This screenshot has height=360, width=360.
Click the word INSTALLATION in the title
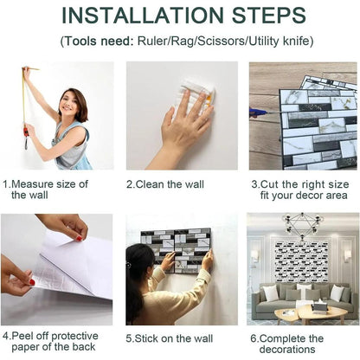coord(143,16)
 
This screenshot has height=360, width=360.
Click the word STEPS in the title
coord(268,16)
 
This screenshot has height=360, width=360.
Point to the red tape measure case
coord(26,132)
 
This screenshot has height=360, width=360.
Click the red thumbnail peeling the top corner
coord(79,239)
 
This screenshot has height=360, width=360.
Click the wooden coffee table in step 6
coord(311,314)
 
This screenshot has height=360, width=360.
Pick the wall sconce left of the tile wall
coord(254,256)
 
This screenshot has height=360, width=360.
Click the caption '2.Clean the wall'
coord(165,184)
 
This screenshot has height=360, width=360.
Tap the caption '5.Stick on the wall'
coord(170,338)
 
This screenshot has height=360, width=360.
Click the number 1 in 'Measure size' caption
coord(5,184)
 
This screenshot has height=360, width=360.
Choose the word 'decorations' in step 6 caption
coord(287,350)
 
